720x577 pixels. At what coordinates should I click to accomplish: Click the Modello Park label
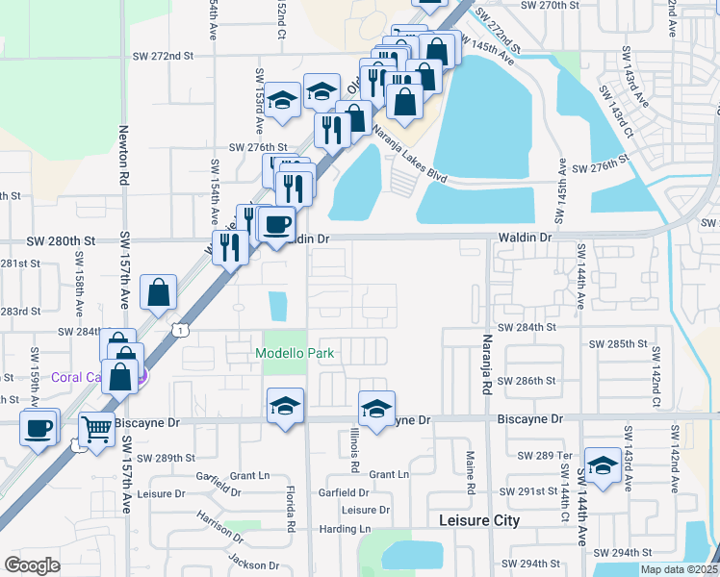295,353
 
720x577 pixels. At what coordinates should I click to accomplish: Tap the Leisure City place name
478,520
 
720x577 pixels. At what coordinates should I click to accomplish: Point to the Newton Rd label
124,156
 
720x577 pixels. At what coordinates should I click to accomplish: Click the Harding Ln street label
345,529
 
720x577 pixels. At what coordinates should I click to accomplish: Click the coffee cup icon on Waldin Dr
276,225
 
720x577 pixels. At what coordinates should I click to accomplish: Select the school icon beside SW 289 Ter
603,465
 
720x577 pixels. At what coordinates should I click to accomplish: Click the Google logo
32,565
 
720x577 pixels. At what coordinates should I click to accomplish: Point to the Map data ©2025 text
678,569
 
